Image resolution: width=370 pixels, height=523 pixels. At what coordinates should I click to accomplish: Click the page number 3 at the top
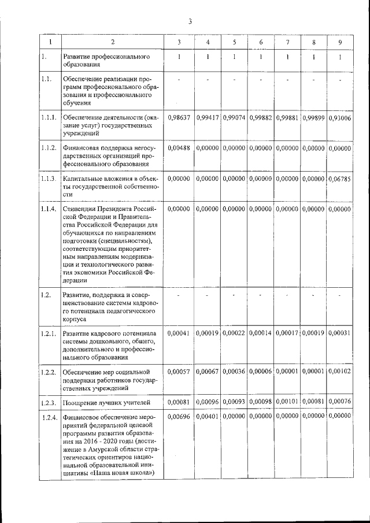(189, 22)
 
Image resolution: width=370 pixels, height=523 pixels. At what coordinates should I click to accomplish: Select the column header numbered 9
(340, 42)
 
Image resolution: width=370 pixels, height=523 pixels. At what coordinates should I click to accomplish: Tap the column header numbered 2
(113, 42)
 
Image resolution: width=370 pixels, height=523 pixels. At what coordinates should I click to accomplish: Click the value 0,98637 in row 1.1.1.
(179, 118)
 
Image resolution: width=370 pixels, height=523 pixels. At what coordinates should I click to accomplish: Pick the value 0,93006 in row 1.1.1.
(339, 118)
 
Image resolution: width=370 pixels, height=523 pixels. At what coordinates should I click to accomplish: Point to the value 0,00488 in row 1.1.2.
(179, 149)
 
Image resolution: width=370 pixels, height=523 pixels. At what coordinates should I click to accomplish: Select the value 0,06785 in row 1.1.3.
(339, 179)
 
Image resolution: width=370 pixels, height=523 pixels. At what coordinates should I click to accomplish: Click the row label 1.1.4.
(49, 209)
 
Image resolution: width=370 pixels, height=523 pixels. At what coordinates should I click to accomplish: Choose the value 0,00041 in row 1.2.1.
(179, 333)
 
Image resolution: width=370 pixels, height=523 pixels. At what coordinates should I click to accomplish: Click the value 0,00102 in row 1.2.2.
(339, 372)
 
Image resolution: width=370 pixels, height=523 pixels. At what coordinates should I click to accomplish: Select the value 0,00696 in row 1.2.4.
(179, 416)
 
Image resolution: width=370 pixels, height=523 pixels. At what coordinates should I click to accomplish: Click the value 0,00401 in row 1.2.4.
(207, 416)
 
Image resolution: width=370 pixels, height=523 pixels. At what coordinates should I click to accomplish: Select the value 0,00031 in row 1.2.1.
(339, 333)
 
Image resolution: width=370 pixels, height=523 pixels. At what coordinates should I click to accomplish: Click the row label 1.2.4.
(49, 416)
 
